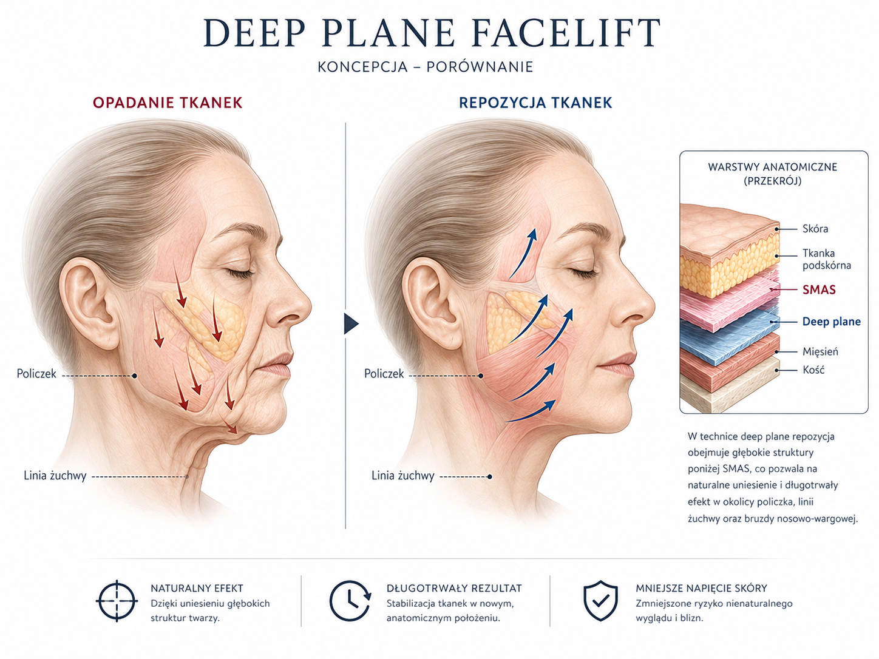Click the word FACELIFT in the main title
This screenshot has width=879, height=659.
[566, 33]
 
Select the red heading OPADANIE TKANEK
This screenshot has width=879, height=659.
[168, 103]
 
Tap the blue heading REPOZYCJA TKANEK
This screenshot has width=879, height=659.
[535, 103]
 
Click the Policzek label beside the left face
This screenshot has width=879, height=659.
[36, 374]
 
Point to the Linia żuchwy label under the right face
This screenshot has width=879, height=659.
[403, 476]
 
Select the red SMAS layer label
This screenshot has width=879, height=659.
[819, 289]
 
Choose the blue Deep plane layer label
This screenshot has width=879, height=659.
[831, 322]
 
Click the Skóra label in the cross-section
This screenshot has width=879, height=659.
[815, 229]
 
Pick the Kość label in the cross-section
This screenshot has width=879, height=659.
[813, 370]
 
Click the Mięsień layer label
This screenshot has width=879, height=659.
[820, 352]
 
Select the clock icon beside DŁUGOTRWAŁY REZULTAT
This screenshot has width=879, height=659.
[350, 600]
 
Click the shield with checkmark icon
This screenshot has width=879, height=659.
[600, 600]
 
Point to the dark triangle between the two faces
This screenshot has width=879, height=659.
[351, 323]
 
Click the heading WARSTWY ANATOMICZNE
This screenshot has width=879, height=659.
[773, 167]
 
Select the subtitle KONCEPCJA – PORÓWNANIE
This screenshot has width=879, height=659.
[426, 67]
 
